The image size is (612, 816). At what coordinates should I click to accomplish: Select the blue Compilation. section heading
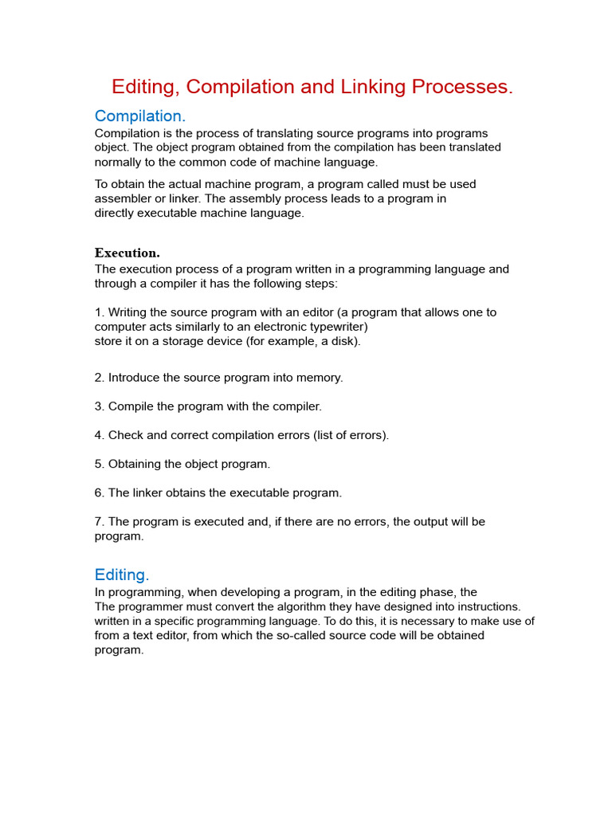[x=139, y=116]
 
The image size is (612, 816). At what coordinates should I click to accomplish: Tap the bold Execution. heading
[x=127, y=253]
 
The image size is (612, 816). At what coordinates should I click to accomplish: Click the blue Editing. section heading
[x=122, y=575]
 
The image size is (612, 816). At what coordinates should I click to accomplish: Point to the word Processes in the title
[x=462, y=87]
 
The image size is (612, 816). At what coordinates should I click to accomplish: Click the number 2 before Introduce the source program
[x=98, y=378]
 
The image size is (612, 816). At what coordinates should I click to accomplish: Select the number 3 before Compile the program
[x=98, y=406]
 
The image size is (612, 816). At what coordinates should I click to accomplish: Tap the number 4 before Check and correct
[x=98, y=435]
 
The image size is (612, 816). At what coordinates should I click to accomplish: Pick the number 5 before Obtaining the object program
[x=98, y=464]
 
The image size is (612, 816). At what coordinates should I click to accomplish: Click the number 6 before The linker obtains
[x=98, y=492]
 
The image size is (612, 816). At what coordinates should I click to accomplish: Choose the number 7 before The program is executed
[x=98, y=522]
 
